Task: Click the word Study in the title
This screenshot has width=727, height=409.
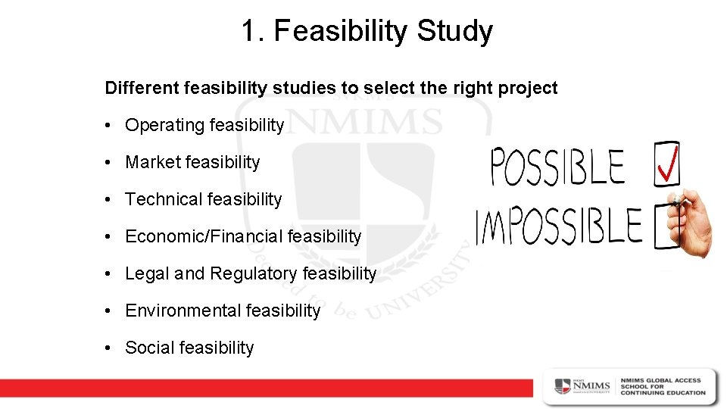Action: click(x=454, y=32)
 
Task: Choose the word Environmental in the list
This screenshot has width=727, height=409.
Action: click(x=181, y=311)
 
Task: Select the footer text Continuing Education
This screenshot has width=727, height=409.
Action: click(x=663, y=393)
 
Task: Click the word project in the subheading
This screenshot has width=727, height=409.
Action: click(x=528, y=88)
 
